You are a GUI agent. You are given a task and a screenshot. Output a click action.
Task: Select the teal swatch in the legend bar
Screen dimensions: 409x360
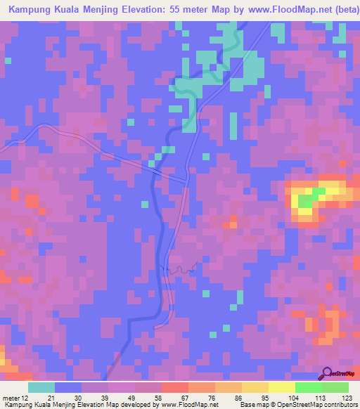tap(41, 387)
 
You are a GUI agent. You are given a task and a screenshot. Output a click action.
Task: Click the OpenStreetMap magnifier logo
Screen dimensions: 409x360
tap(327, 373)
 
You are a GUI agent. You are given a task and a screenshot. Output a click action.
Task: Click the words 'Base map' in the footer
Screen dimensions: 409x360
tap(250, 405)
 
